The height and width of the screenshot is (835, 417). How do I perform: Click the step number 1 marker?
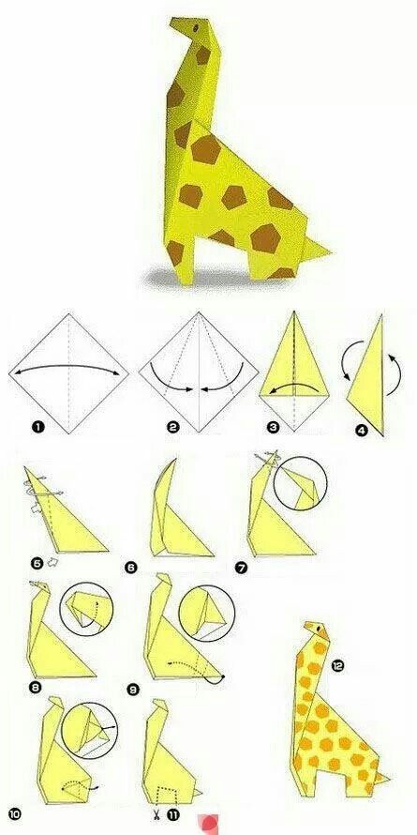[x=37, y=427]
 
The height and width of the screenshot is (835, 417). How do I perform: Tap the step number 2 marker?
[x=172, y=427]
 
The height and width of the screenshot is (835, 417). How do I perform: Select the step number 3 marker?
[x=274, y=427]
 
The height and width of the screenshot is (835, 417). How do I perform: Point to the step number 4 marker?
[x=362, y=429]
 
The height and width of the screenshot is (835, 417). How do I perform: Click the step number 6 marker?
[x=131, y=568]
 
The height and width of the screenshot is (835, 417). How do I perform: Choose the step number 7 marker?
[x=241, y=569]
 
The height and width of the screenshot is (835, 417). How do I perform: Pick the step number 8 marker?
[x=35, y=688]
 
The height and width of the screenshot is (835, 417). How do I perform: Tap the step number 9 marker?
[x=133, y=691]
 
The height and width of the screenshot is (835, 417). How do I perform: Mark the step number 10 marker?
[x=14, y=814]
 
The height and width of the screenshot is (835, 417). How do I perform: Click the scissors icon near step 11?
[x=156, y=814]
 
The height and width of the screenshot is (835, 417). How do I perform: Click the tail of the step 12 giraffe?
[x=383, y=779]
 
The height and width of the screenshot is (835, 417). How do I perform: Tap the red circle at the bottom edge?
[x=208, y=824]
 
